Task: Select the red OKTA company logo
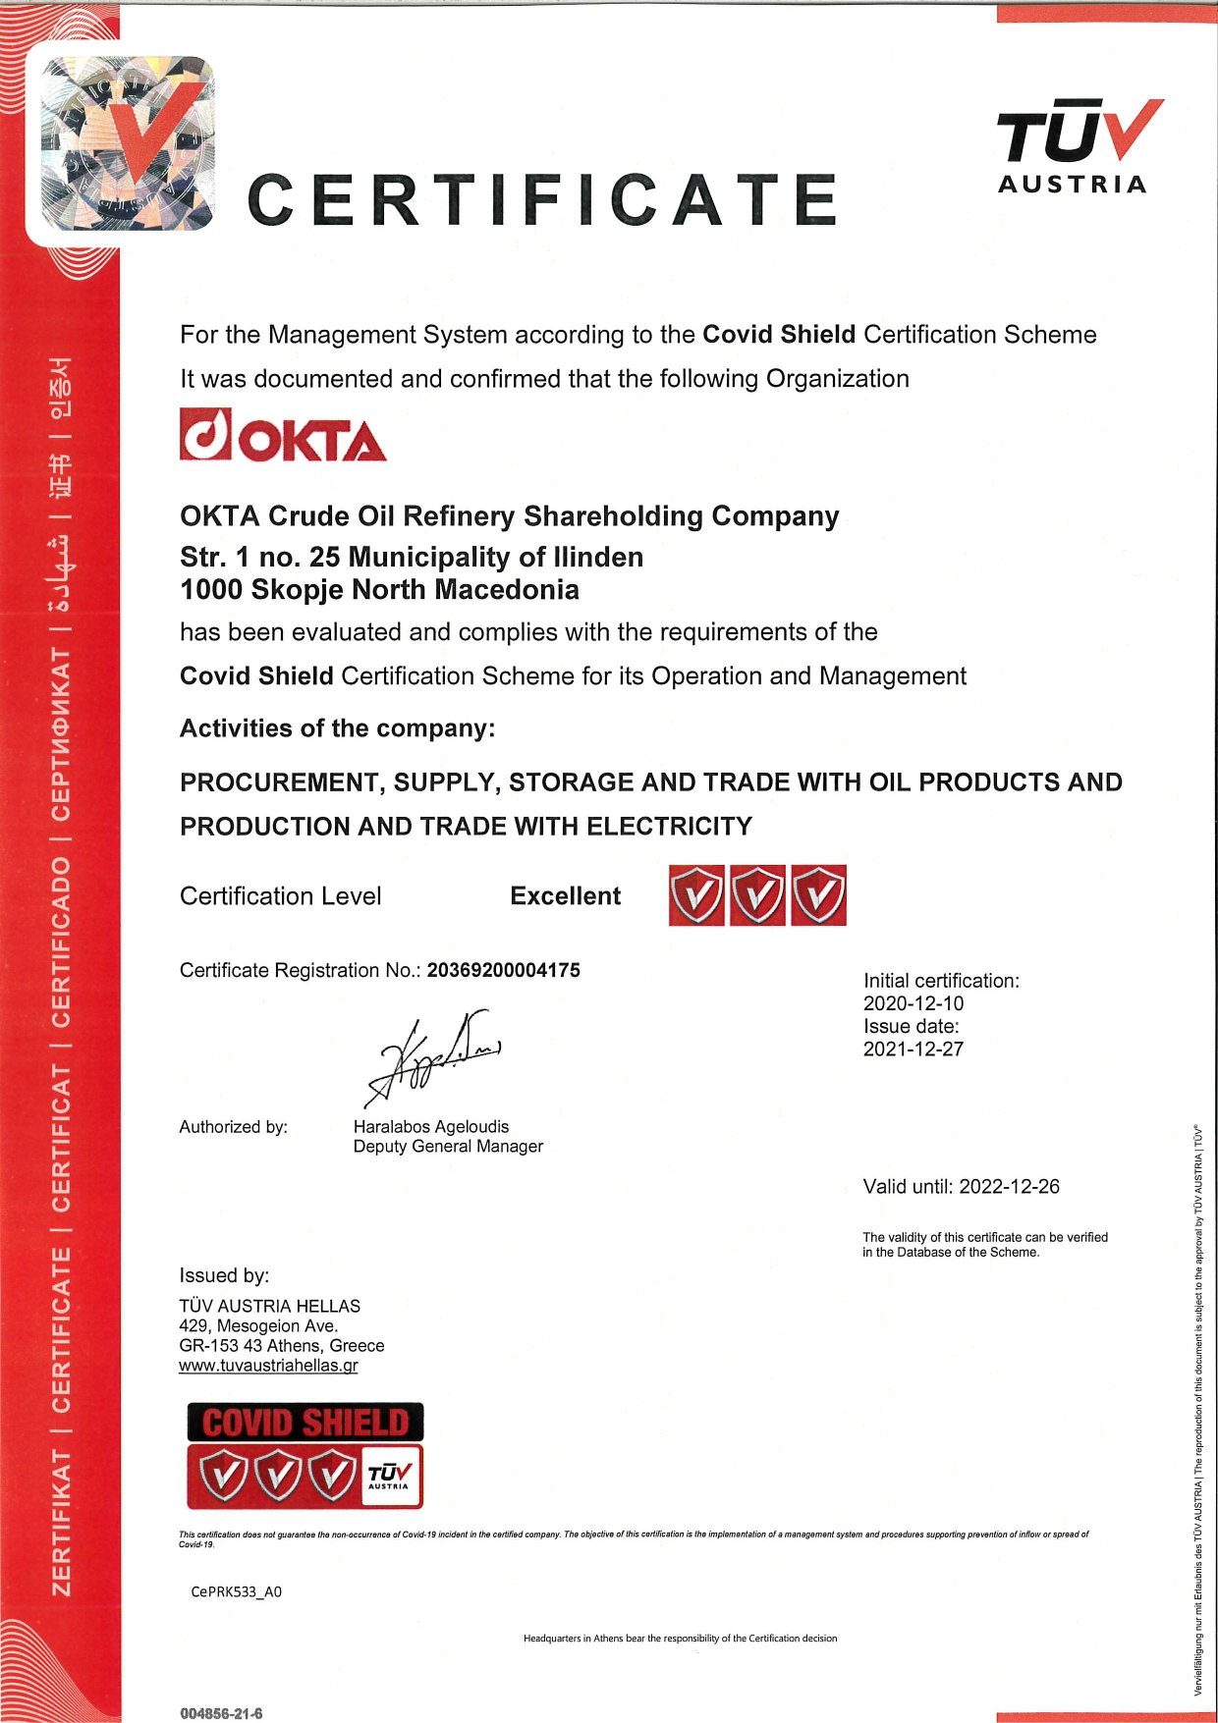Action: pos(283,435)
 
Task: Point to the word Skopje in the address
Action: pos(298,590)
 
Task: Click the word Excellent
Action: pos(565,895)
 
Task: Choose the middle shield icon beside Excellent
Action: pos(757,895)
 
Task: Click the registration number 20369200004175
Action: pos(503,970)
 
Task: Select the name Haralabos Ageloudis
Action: pos(430,1126)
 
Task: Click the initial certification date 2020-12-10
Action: pos(913,1003)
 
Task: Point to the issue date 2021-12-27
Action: pos(913,1049)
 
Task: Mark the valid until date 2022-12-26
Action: pos(1009,1186)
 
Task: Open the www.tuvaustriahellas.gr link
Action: pos(268,1366)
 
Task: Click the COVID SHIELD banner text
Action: pos(304,1422)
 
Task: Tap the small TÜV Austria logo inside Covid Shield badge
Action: pos(390,1476)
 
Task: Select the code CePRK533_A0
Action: pos(236,1591)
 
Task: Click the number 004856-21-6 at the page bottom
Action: pos(221,1713)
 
